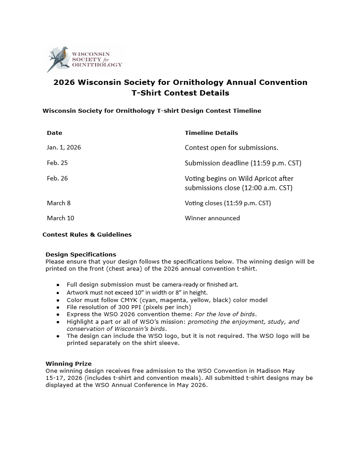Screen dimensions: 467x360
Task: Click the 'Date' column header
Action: click(x=54, y=133)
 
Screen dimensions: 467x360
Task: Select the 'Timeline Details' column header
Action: click(x=211, y=133)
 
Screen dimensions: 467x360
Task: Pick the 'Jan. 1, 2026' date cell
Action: click(x=64, y=147)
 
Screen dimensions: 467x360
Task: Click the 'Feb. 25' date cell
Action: click(x=57, y=163)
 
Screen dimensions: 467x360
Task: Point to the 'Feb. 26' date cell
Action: click(x=57, y=178)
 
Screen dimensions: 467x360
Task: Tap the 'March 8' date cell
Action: click(x=58, y=203)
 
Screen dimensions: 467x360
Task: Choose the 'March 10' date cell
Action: click(x=60, y=218)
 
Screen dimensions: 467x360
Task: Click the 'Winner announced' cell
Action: click(x=212, y=218)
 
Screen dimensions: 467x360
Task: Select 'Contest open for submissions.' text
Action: click(x=231, y=147)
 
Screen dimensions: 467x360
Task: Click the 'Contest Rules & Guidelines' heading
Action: click(x=87, y=234)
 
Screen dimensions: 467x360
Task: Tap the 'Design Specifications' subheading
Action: click(x=80, y=254)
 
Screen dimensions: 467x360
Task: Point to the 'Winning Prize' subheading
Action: click(x=68, y=364)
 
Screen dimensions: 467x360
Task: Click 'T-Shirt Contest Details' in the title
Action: click(x=180, y=93)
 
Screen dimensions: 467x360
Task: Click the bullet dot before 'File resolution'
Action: click(x=57, y=307)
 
